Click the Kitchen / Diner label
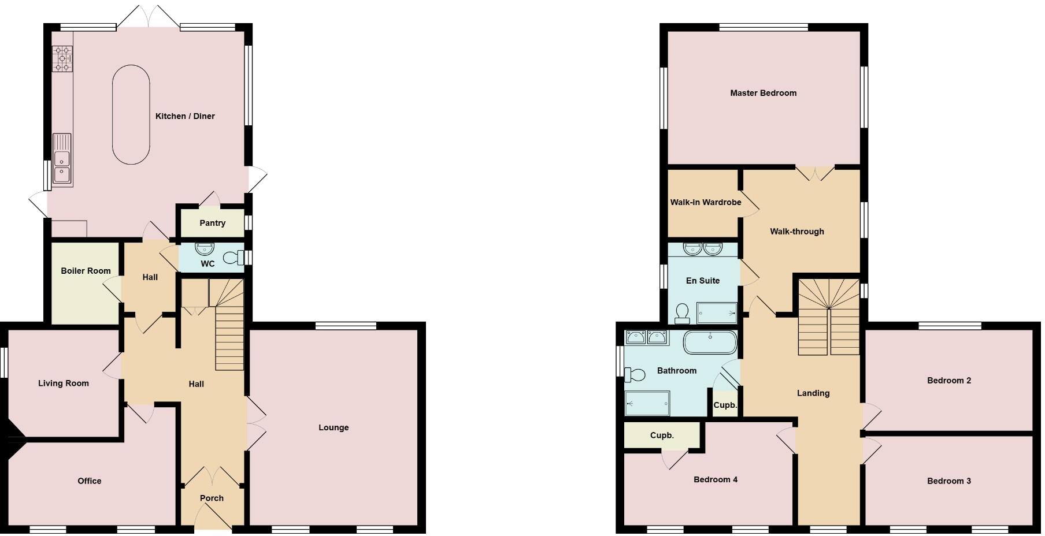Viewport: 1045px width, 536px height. click(x=185, y=116)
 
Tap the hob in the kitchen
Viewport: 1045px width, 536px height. click(x=63, y=59)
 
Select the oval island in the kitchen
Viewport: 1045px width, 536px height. click(x=131, y=114)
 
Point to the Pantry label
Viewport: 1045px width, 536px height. click(x=212, y=223)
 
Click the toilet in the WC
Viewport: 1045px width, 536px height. click(x=234, y=257)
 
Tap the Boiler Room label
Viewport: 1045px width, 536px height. click(x=86, y=270)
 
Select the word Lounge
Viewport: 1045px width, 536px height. click(x=333, y=427)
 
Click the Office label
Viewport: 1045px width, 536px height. click(x=90, y=481)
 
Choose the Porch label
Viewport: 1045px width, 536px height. click(x=212, y=498)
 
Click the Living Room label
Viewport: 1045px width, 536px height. click(x=64, y=383)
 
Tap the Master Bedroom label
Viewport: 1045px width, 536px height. click(x=763, y=93)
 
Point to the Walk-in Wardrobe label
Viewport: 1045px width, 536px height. click(x=705, y=202)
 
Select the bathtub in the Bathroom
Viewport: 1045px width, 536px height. click(x=710, y=343)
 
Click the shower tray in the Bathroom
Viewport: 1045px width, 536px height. click(x=647, y=403)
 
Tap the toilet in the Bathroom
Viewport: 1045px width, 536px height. click(x=634, y=374)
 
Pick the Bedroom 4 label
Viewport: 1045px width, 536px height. click(x=716, y=479)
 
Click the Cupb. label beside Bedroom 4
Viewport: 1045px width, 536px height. click(x=662, y=435)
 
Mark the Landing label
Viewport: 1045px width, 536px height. click(x=813, y=393)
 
